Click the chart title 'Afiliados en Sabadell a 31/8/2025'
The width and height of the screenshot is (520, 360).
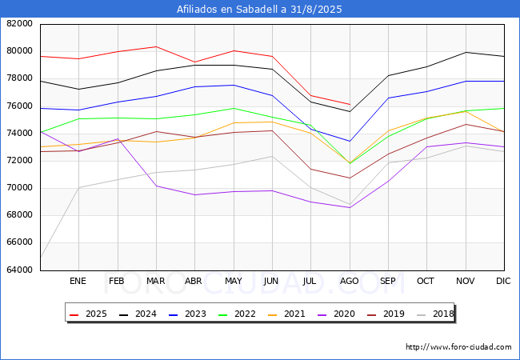[x=260, y=10]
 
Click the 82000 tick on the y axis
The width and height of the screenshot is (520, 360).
[x=19, y=24]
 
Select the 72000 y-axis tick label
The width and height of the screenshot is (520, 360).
[x=19, y=161]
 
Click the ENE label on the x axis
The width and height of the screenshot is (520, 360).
[x=78, y=282]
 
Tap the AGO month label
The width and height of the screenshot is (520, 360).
[x=349, y=282]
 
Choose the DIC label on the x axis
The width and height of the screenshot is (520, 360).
[x=503, y=282]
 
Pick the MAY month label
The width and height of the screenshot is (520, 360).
[x=233, y=282]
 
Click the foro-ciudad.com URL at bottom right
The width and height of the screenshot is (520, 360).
[x=458, y=347]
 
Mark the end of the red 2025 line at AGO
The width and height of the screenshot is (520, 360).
[x=349, y=104]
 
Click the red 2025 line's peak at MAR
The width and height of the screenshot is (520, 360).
[x=155, y=46]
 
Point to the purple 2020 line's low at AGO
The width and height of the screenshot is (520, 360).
[x=349, y=208]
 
